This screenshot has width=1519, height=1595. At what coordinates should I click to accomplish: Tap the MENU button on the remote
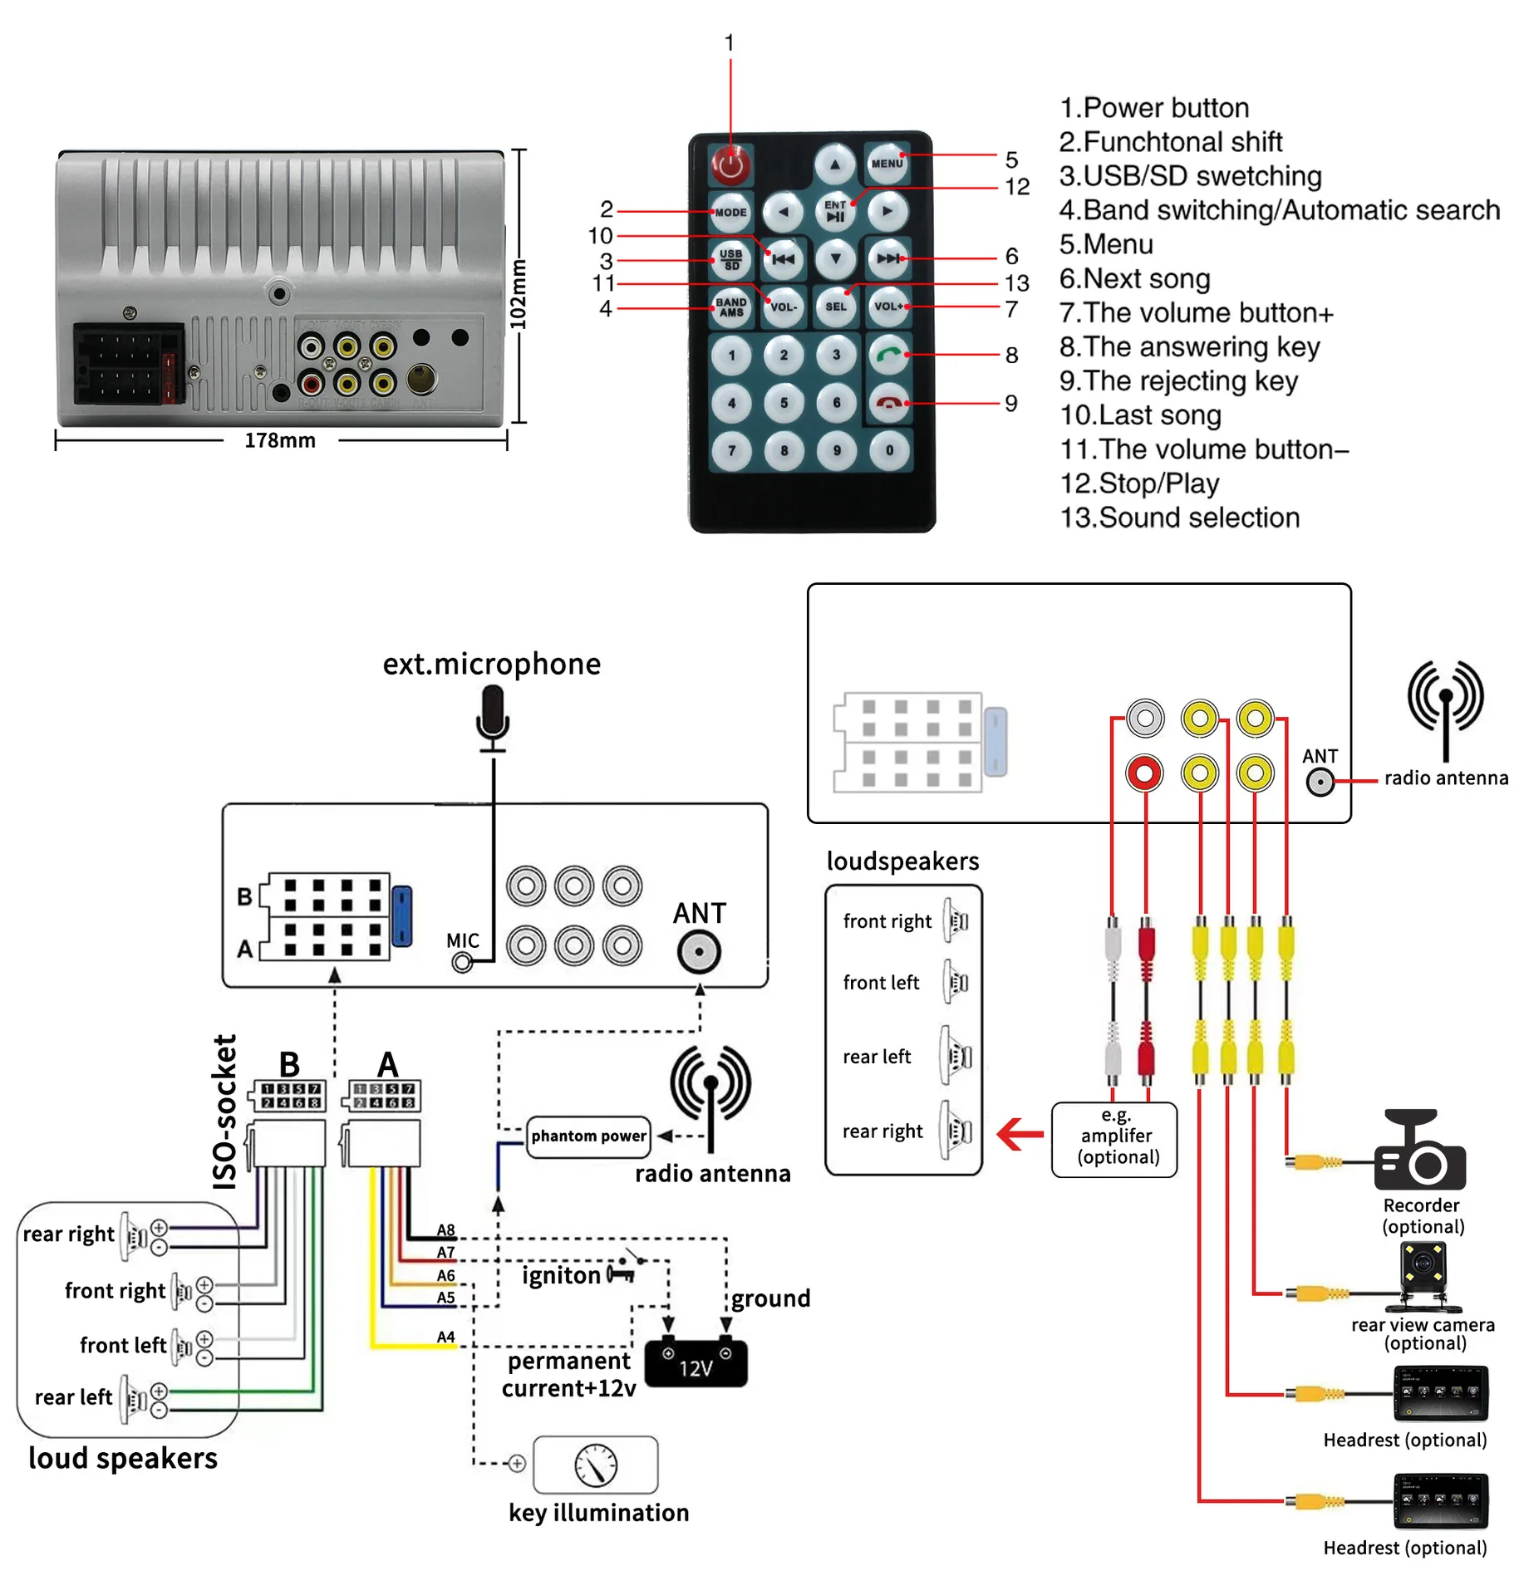coord(886,163)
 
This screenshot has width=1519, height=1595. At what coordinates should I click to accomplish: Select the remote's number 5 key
coord(784,403)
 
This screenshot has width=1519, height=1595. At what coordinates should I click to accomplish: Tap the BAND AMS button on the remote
coord(730,307)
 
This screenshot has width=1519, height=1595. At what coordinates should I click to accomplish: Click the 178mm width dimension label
coord(280,440)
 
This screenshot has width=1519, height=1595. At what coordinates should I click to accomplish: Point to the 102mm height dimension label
coord(519,293)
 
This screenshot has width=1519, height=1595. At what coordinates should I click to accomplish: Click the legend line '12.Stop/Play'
coord(1139,483)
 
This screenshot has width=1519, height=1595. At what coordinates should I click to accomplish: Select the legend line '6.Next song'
coord(1134,278)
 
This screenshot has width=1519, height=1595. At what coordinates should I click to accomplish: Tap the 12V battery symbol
coord(696,1363)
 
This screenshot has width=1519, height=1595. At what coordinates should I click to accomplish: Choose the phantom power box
coord(588,1136)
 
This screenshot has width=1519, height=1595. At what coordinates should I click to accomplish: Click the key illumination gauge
coord(595,1465)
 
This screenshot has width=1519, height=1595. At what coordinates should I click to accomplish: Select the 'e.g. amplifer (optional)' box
coord(1114,1137)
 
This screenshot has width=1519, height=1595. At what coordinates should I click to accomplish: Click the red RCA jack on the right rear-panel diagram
coord(1144,773)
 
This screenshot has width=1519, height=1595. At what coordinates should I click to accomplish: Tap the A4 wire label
coord(446,1337)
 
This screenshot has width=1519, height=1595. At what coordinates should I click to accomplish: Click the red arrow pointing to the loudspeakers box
coord(1020,1134)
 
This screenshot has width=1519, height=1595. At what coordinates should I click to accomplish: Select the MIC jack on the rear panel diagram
coord(463,962)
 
